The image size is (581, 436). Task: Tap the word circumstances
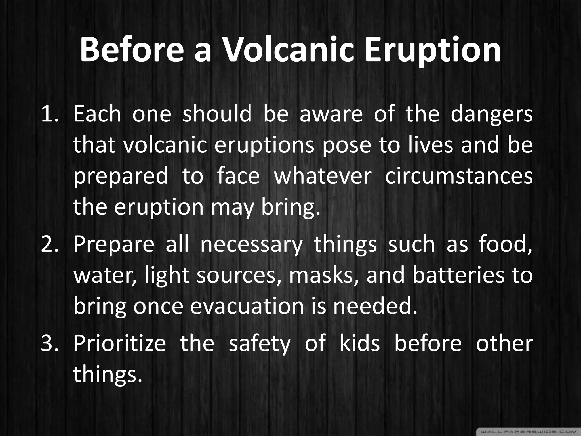[x=458, y=176]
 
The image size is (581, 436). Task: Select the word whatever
[x=323, y=176]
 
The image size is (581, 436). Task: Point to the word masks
[x=323, y=276]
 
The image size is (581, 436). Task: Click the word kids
[x=359, y=343]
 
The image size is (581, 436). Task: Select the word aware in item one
[x=331, y=114]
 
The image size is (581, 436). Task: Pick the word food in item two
[x=505, y=245]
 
